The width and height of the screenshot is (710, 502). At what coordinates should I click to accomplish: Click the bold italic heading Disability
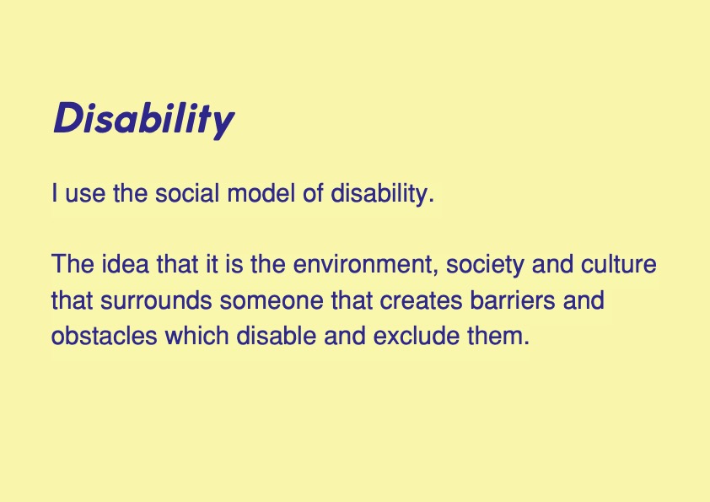tap(144, 119)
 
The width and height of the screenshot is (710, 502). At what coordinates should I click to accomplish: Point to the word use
tap(85, 196)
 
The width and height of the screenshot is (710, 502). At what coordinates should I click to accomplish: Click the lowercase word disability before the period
tap(379, 194)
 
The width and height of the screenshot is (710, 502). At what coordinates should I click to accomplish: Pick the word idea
tap(125, 264)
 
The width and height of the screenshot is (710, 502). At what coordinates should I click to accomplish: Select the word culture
tap(619, 264)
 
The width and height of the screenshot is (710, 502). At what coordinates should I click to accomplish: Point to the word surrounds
tap(156, 300)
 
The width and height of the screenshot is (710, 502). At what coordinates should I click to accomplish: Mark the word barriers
tap(512, 300)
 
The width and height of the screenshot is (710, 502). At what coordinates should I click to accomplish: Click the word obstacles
tap(105, 336)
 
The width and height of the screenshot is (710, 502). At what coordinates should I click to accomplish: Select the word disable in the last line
tap(277, 336)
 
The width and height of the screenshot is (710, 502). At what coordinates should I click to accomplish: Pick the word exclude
tap(416, 336)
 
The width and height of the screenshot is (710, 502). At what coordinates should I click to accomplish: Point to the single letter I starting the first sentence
tap(55, 193)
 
